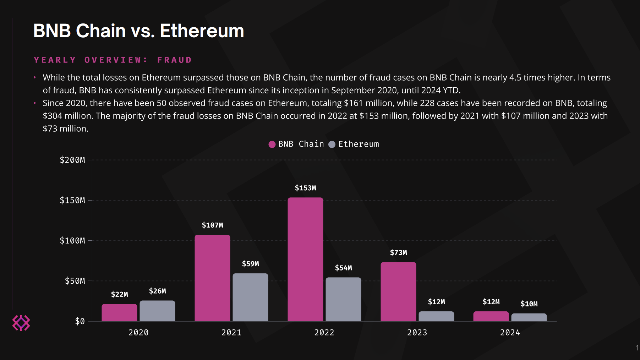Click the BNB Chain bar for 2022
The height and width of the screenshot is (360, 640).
(305, 259)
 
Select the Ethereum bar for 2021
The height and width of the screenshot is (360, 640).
(250, 297)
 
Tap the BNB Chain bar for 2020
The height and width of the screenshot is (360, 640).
(119, 312)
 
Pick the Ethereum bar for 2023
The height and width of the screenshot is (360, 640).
(436, 316)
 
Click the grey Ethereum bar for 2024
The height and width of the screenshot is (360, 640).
(529, 317)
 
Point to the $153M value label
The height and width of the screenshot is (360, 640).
(305, 188)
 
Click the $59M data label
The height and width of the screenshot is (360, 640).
(250, 264)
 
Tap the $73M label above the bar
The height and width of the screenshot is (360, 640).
(398, 252)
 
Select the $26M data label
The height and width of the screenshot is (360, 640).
(157, 291)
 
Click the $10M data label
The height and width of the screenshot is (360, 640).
(529, 304)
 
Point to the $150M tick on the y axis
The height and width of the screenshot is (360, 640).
(72, 200)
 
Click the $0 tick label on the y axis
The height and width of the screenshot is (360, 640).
(80, 321)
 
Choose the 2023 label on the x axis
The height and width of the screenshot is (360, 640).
(417, 333)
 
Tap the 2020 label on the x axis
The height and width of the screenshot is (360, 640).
(138, 333)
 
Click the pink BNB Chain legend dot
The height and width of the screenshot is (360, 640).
(272, 144)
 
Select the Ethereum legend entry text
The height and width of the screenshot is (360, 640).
(359, 144)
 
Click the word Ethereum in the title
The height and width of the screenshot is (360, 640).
(202, 31)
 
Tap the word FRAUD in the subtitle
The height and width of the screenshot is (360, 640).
(174, 60)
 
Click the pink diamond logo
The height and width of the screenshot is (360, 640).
(21, 323)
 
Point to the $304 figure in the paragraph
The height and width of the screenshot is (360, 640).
(50, 116)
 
